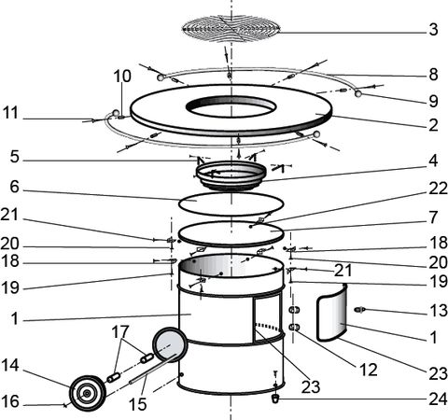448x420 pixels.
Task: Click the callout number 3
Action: pos(433,30)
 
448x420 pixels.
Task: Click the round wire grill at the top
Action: pos(231,29)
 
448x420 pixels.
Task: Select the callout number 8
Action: pos(433,75)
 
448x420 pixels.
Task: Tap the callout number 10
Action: pos(121,77)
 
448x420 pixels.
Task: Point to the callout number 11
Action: pos(11,113)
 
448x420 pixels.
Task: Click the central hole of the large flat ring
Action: pos(231,106)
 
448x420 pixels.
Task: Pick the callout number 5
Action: pos(14,157)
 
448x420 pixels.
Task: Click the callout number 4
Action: pos(433,161)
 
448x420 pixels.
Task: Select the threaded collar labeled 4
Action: pos(231,175)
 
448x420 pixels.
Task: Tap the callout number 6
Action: pos(14,188)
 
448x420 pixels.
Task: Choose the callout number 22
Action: pos(438,189)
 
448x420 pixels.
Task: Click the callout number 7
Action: pos(433,217)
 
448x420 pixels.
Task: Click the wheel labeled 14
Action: pos(88,393)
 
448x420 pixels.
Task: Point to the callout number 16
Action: pos(10,401)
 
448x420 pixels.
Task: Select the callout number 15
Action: pos(137,404)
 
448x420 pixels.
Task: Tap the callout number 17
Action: pos(120,331)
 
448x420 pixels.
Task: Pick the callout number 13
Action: pos(438,311)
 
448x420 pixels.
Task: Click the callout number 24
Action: pos(438,399)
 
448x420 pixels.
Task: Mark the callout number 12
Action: pos(369,370)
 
